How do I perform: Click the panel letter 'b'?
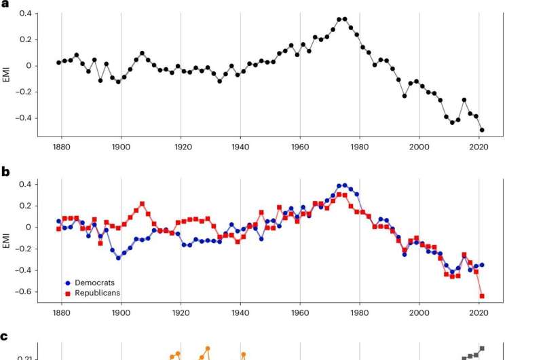click(5, 172)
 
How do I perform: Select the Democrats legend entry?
click(91, 281)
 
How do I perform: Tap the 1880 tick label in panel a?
click(61, 147)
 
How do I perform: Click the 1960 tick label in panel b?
click(300, 315)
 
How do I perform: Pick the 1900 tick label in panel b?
click(121, 315)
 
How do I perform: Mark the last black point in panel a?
click(483, 130)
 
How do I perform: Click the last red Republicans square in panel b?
click(482, 296)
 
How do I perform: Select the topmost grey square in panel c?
click(482, 348)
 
